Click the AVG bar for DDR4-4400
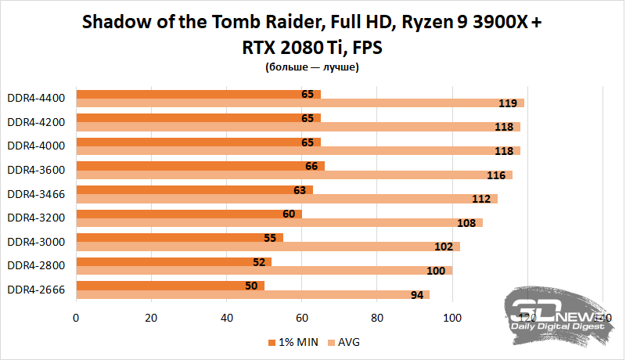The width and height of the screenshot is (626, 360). (297, 103)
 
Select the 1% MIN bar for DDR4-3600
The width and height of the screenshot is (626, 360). (200, 165)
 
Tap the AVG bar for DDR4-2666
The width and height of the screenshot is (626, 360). (250, 294)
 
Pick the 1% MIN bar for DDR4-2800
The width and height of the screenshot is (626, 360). (172, 261)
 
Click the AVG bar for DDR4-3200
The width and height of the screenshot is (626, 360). (278, 222)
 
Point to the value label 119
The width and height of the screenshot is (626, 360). (507, 103)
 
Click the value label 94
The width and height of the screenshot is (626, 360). (416, 295)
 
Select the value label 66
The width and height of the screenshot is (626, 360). (311, 165)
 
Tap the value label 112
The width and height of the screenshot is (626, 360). (480, 199)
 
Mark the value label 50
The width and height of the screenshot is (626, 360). (251, 286)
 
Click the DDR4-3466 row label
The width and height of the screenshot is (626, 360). (37, 193)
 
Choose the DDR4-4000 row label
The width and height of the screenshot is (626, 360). (37, 145)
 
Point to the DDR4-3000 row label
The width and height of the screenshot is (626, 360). (37, 241)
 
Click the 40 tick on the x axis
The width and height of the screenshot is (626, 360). (226, 319)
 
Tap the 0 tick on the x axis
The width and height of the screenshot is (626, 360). (76, 319)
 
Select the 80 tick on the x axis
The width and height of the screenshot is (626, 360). (376, 319)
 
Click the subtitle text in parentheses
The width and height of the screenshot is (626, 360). (311, 68)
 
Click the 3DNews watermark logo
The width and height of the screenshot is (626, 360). (557, 313)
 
